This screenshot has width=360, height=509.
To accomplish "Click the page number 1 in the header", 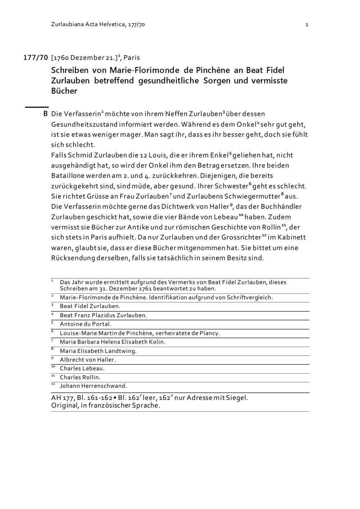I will (307, 24).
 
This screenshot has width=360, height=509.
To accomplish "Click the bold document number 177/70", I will (36, 58).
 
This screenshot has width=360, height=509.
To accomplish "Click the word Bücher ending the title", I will (64, 91).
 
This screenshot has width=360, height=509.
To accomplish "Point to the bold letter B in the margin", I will (45, 114).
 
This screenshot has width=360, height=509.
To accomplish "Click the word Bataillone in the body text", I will (69, 176).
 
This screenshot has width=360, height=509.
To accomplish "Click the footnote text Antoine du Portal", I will (86, 324).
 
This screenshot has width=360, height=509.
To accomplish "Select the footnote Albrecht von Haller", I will (88, 360).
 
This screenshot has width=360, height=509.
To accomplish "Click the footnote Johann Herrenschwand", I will (93, 386).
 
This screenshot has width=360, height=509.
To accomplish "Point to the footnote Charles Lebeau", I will (82, 368).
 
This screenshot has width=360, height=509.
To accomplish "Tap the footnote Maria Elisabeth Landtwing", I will (98, 351).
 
